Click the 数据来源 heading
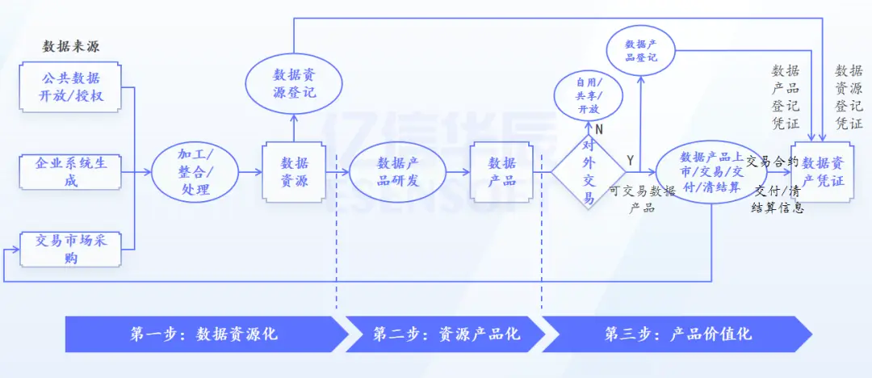pos(71,46)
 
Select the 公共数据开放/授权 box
pos(71,89)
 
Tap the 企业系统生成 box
pos(71,171)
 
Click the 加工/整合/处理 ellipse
pos(195,172)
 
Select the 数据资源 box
pos(294,172)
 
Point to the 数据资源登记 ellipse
pos(294,84)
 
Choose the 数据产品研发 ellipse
pos(397,172)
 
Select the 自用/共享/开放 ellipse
pos(588,96)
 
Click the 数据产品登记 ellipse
pos(641,51)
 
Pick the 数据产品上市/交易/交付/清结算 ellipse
pos(711,172)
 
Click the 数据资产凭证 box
pos(823,172)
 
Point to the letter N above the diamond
pos(599,128)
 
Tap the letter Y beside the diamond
pos(630,160)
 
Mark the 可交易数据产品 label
pos(641,199)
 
